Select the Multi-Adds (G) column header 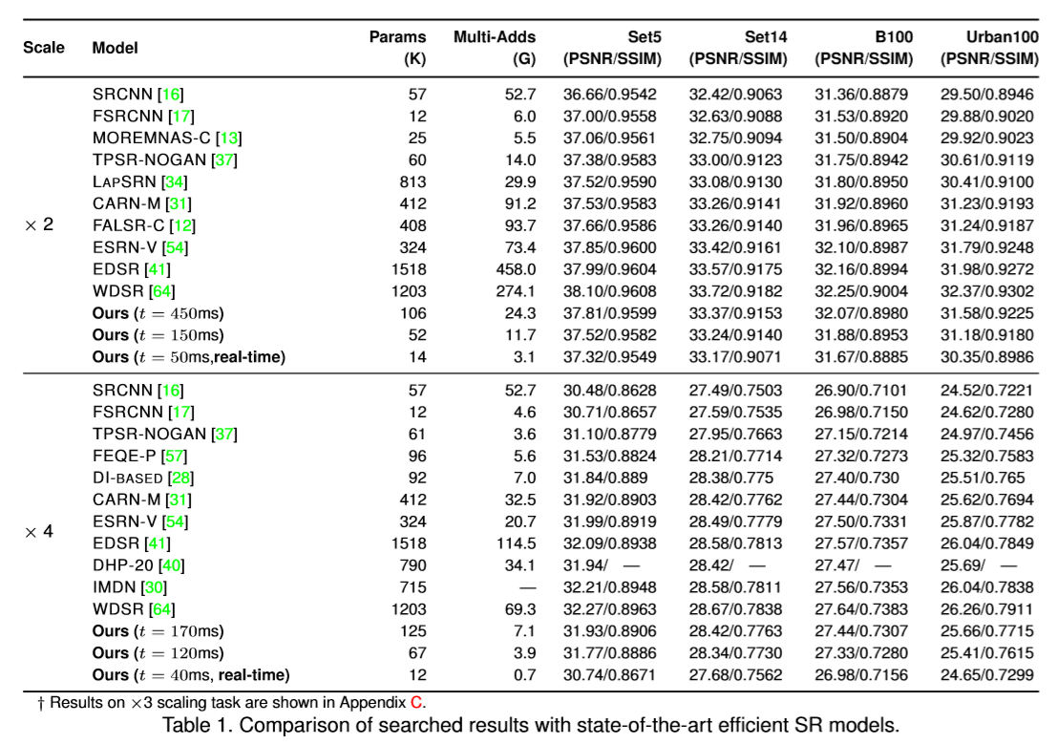495,48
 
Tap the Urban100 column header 989,48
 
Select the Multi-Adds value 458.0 517,269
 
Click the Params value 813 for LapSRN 413,181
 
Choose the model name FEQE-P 124,456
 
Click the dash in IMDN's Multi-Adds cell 527,586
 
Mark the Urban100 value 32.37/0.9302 989,291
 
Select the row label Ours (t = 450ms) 158,313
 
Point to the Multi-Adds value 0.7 525,674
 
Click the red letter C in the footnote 415,702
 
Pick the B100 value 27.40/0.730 857,478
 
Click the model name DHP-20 126,564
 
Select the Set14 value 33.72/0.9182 738,291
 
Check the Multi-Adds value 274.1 517,291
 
